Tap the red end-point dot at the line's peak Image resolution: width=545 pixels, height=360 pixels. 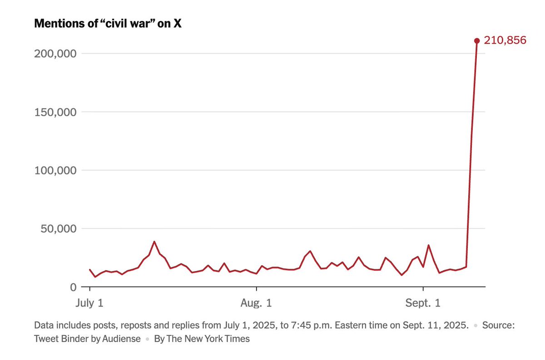tap(477, 41)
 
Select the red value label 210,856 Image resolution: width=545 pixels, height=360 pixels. tap(505, 40)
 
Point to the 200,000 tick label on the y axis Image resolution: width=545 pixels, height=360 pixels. tap(54, 54)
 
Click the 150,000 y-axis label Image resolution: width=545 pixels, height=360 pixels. tap(54, 112)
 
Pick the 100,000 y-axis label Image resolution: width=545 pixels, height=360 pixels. tap(54, 170)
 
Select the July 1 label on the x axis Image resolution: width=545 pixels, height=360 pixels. tap(90, 303)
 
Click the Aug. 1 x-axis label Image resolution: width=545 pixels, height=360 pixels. tap(257, 303)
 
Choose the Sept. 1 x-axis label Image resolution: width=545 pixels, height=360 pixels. tap(423, 303)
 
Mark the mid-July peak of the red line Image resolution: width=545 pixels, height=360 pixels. tap(154, 242)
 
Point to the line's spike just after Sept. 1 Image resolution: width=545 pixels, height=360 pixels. tap(429, 245)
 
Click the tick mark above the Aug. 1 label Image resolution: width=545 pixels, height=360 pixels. tap(257, 290)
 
